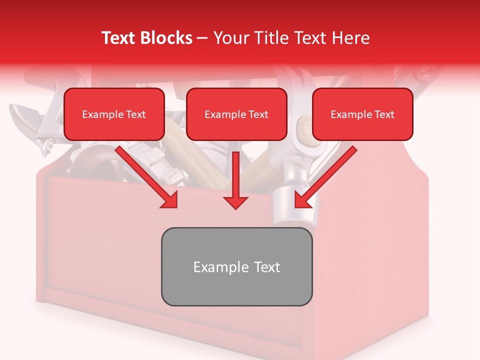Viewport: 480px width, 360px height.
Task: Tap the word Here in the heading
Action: pyautogui.click(x=351, y=38)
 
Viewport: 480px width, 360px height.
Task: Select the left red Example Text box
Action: pyautogui.click(x=114, y=114)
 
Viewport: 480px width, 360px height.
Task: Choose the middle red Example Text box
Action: pyautogui.click(x=236, y=114)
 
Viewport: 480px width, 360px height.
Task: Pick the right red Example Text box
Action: pyautogui.click(x=362, y=114)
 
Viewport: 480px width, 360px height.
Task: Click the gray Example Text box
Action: pyautogui.click(x=236, y=266)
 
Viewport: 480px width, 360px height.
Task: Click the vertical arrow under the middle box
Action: pyautogui.click(x=236, y=175)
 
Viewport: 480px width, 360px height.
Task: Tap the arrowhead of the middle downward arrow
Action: pyautogui.click(x=236, y=202)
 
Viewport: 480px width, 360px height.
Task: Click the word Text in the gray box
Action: pyautogui.click(x=266, y=266)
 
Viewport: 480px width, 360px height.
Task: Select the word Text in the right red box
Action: pyautogui.click(x=384, y=114)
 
